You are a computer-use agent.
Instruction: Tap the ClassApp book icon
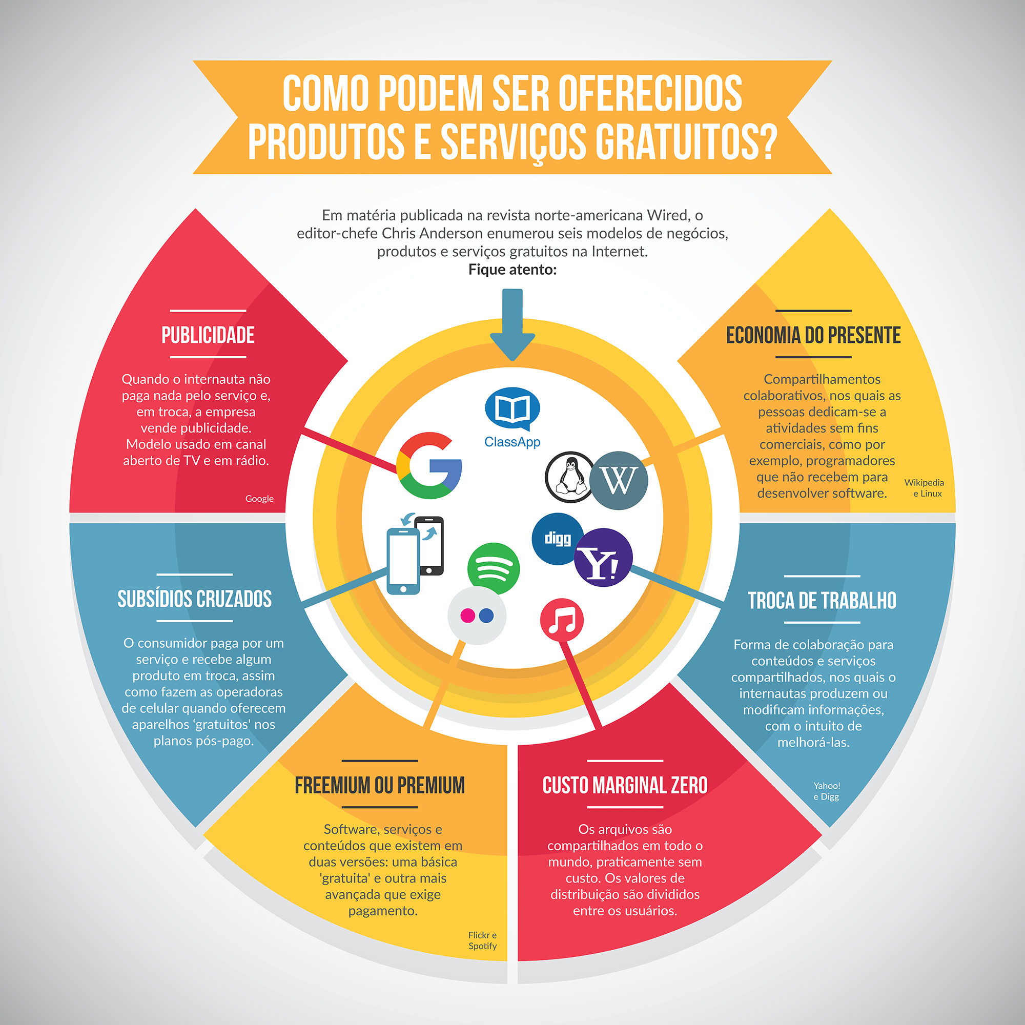512,408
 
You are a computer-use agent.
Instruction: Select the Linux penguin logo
570,477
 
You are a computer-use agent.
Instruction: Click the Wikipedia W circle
619,480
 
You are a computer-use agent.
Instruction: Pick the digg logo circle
558,539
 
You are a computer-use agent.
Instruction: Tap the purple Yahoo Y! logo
603,558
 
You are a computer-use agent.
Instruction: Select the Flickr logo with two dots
477,616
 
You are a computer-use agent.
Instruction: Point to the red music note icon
562,620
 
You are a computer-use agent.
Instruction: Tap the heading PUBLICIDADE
208,335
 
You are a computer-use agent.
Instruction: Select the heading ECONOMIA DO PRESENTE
813,335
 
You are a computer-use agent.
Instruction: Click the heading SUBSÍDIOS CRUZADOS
195,599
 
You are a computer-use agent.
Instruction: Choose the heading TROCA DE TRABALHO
822,601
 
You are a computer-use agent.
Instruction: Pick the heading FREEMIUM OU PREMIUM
380,785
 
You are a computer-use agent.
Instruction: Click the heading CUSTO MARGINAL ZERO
625,785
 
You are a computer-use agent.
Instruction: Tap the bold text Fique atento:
512,270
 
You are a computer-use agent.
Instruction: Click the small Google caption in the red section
259,499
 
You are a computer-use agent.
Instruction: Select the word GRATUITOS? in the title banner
687,141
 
